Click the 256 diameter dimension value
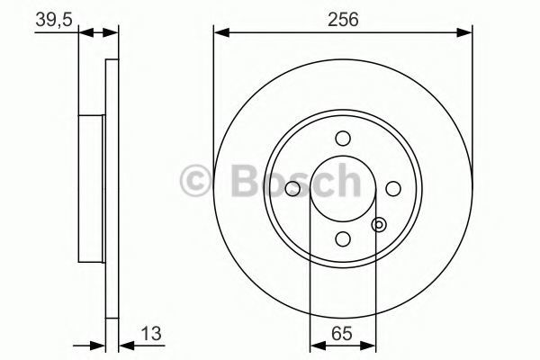343,19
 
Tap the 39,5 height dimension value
54,19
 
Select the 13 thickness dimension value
151,334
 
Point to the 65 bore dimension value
342,334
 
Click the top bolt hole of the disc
343,139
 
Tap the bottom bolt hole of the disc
343,239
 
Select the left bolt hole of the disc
292,189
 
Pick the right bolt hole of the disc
393,189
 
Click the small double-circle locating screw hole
379,225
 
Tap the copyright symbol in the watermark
195,181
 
